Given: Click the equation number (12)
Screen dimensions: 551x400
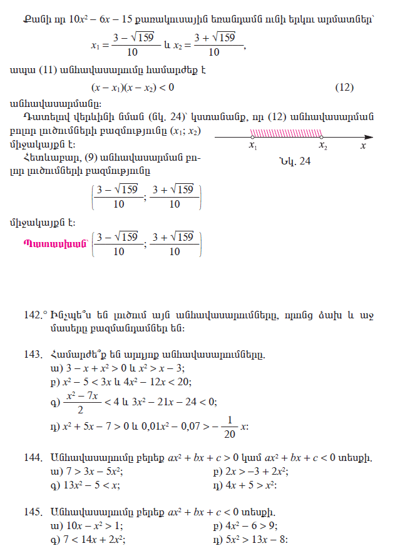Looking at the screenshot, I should pyautogui.click(x=344, y=87).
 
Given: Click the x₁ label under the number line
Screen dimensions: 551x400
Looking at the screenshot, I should pyautogui.click(x=253, y=146).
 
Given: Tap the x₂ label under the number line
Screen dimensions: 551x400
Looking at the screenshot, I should pyautogui.click(x=322, y=146).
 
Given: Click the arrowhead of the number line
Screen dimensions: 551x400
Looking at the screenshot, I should pyautogui.click(x=371, y=136).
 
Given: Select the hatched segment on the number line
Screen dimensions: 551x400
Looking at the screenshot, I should pyautogui.click(x=287, y=133).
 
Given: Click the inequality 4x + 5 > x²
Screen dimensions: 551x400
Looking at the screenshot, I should pyautogui.click(x=256, y=484).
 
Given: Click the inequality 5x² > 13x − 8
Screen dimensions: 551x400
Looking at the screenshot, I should pyautogui.click(x=261, y=538).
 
